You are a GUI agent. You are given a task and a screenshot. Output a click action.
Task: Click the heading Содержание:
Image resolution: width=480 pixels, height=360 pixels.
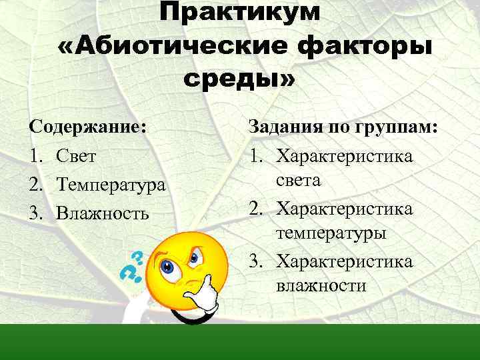[x=87, y=126]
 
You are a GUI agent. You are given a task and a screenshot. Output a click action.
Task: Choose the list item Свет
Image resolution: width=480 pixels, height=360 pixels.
[x=77, y=155]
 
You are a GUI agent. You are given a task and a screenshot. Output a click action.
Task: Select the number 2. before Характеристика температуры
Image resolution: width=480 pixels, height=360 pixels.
[x=258, y=209]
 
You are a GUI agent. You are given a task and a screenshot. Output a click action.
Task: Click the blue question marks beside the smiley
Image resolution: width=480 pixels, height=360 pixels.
[x=133, y=266]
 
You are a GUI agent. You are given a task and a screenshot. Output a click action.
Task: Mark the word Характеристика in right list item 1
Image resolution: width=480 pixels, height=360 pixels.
[x=345, y=156]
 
